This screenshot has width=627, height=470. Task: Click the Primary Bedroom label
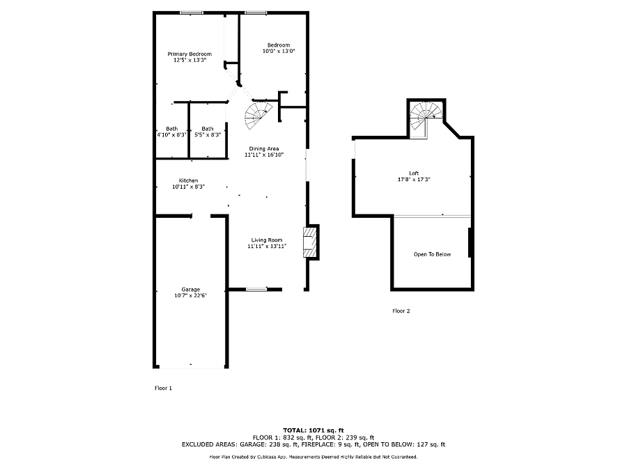coord(189,54)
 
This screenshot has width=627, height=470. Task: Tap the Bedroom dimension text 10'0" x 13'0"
coord(279,51)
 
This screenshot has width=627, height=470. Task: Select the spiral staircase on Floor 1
coord(257,116)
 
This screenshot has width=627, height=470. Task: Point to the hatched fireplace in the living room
coord(310,242)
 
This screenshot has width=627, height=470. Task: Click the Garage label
coord(191,290)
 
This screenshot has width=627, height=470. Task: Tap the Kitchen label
coord(188,180)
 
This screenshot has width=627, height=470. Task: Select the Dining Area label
coord(264,149)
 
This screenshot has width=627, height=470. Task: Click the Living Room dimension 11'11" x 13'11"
coord(267,246)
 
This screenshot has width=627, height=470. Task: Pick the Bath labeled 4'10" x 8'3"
coord(172,132)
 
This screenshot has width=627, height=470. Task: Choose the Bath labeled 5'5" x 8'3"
coord(208,132)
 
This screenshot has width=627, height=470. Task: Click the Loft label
coord(414,173)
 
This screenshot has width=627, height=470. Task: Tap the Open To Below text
coord(432,254)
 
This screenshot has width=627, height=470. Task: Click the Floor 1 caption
coord(163,388)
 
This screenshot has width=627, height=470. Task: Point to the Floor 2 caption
coord(401,311)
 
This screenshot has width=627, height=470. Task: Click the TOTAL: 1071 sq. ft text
coord(313,430)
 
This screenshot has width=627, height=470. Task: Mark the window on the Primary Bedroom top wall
coord(191,13)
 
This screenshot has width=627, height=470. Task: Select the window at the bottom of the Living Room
coord(256,289)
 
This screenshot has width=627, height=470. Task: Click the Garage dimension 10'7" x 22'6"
coord(190,296)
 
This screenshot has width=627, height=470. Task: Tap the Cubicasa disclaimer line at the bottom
coord(313,457)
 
